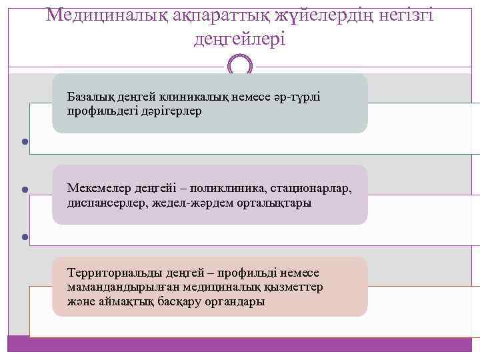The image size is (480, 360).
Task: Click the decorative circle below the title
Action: pyautogui.click(x=240, y=66)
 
